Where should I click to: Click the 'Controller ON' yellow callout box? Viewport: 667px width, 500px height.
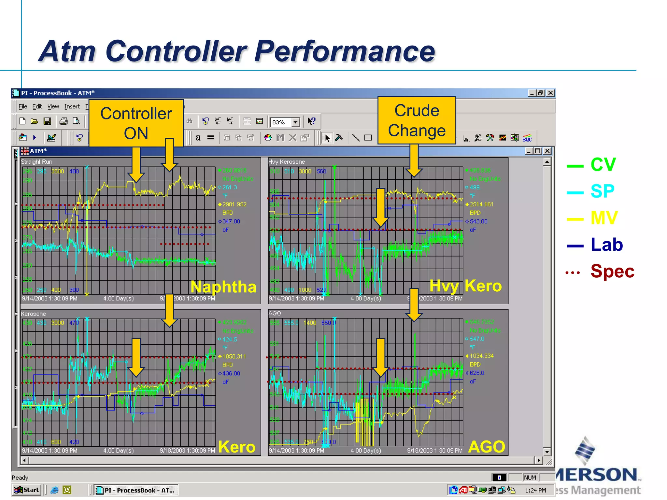(136, 123)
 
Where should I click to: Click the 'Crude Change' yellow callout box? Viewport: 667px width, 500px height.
(417, 120)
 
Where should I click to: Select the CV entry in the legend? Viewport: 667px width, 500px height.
(603, 165)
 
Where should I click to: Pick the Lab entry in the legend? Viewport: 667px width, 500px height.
(606, 245)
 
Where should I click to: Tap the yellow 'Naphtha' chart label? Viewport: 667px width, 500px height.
(223, 287)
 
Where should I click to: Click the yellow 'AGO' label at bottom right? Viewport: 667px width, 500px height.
(486, 447)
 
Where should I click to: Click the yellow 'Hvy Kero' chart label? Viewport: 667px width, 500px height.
(465, 286)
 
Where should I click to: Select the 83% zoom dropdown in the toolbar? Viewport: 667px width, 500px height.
(284, 122)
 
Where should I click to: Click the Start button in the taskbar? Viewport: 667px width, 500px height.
(27, 490)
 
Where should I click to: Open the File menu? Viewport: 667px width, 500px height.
(23, 106)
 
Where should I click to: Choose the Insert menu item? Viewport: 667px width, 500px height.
(72, 106)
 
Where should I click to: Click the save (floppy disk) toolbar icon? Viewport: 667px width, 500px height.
(48, 121)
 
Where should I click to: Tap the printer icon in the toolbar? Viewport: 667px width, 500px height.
(64, 121)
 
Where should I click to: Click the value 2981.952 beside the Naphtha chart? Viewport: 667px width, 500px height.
(234, 204)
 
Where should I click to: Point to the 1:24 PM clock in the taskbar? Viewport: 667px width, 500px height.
(535, 490)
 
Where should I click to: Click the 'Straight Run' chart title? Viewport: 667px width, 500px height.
(36, 162)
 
